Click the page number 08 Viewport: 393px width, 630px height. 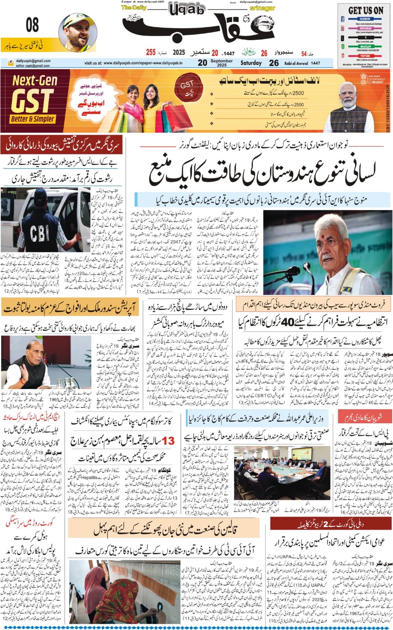pyautogui.click(x=32, y=25)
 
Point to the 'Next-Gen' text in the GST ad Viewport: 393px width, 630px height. pyautogui.click(x=35, y=81)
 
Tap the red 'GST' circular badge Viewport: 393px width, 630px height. pyautogui.click(x=187, y=86)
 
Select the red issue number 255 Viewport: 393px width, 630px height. pyautogui.click(x=151, y=52)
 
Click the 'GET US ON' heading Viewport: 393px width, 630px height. pyautogui.click(x=365, y=11)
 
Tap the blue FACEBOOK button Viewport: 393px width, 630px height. pyautogui.click(x=365, y=19)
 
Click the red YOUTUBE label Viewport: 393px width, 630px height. pyautogui.click(x=365, y=56)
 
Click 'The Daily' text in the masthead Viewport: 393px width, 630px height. pyautogui.click(x=134, y=7)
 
